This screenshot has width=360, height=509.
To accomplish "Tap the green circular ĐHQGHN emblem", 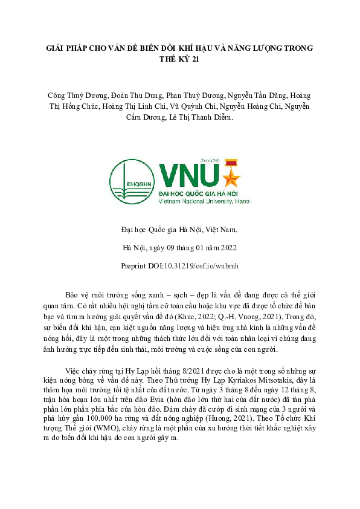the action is coord(130,181).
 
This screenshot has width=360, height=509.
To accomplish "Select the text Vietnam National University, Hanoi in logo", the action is coord(204,200).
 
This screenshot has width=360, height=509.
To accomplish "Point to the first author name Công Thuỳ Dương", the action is coord(78,96).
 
